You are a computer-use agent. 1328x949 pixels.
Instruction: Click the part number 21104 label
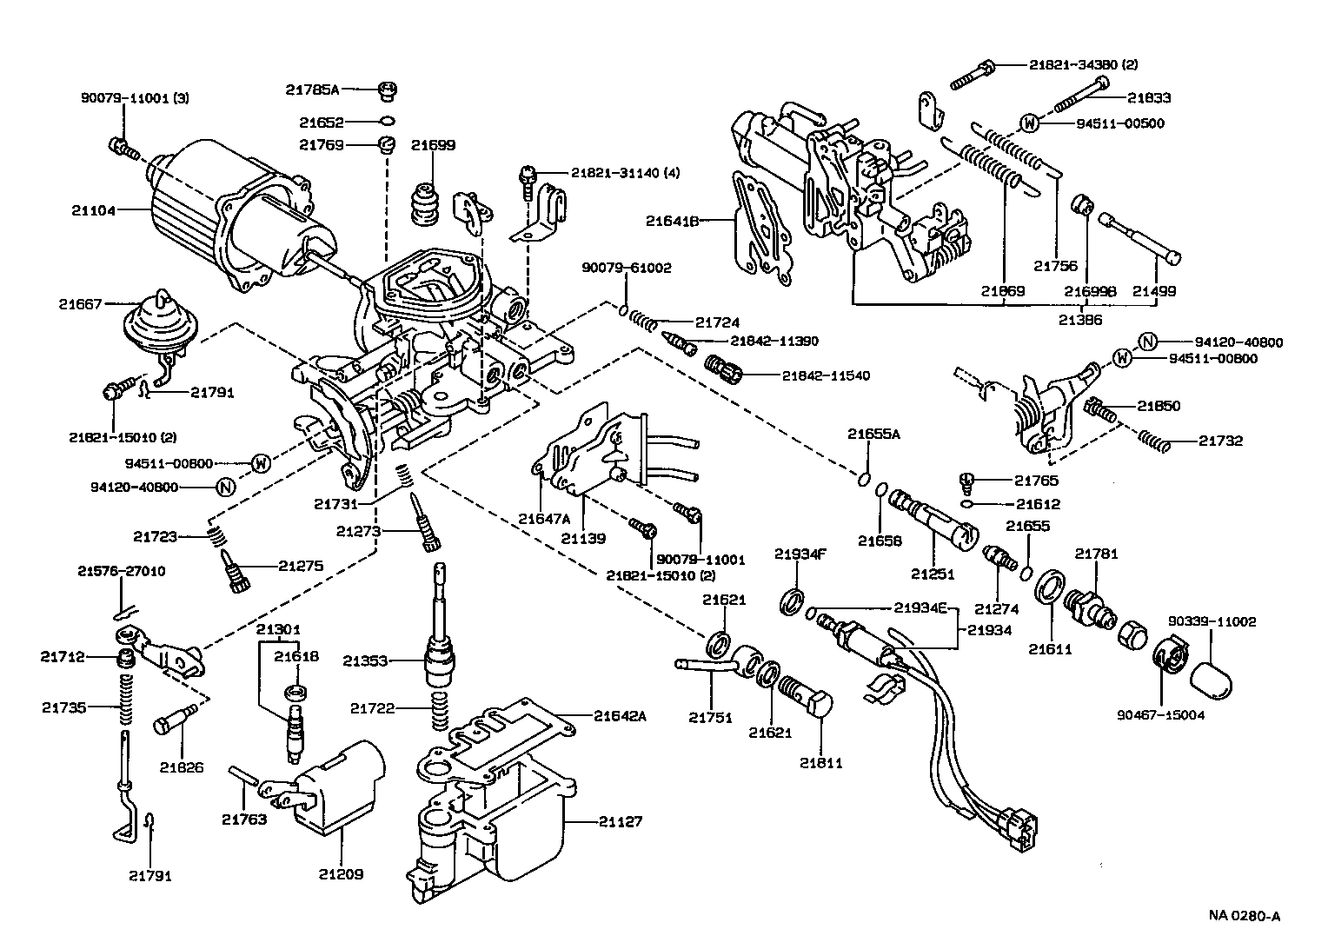click(91, 209)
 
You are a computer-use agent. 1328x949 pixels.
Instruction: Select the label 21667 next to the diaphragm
click(80, 304)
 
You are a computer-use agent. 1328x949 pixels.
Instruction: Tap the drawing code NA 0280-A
click(1245, 915)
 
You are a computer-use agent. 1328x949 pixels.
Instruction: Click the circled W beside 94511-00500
click(1028, 123)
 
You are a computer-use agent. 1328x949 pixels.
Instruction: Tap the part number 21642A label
click(621, 716)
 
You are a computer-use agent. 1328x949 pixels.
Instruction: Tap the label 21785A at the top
click(312, 89)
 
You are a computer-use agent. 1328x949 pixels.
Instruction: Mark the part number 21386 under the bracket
click(1080, 320)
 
